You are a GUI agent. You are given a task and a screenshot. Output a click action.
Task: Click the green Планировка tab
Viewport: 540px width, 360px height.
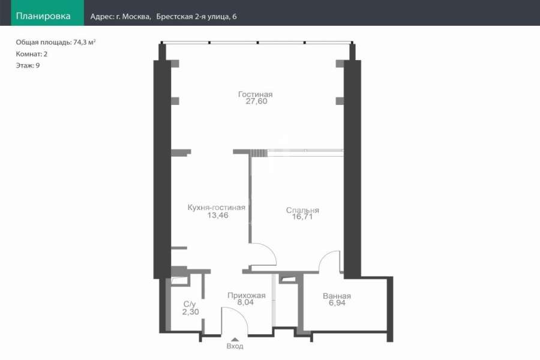[47, 13]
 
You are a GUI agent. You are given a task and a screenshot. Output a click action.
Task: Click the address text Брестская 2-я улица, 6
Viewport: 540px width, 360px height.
[196, 17]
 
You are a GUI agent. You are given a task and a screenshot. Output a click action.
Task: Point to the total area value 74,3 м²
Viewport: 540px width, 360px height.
[85, 43]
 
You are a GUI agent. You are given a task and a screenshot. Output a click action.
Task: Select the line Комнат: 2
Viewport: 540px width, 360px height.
[32, 54]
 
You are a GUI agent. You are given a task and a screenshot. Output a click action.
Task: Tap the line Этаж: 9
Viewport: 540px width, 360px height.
[28, 65]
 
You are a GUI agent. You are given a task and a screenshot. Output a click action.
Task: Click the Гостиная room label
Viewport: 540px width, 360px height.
[255, 94]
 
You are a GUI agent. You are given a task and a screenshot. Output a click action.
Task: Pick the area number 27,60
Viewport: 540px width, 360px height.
[256, 101]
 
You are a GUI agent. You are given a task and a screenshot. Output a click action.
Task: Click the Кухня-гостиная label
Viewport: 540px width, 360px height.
[216, 208]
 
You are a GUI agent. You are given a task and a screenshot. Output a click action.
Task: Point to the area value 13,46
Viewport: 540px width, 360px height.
[218, 215]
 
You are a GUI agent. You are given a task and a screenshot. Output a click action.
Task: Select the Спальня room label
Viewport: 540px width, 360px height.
[302, 210]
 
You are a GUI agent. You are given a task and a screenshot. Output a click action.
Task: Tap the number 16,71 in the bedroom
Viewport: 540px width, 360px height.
[302, 217]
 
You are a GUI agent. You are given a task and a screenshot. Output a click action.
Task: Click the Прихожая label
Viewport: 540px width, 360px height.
[246, 296]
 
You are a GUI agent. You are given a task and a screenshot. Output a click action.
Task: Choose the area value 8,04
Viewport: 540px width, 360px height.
[245, 302]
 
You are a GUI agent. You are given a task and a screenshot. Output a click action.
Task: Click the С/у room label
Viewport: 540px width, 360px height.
[190, 304]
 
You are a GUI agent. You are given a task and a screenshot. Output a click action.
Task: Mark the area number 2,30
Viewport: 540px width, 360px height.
[190, 312]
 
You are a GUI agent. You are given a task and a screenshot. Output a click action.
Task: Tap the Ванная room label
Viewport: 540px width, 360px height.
[337, 296]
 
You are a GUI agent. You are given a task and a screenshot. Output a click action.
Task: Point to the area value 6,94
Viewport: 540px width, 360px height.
[337, 303]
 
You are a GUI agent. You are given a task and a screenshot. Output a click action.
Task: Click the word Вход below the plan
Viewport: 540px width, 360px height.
[235, 346]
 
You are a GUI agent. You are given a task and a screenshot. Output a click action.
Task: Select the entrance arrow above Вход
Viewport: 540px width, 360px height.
[235, 340]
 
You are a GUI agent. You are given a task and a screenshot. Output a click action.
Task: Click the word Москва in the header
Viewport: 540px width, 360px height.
[136, 17]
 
